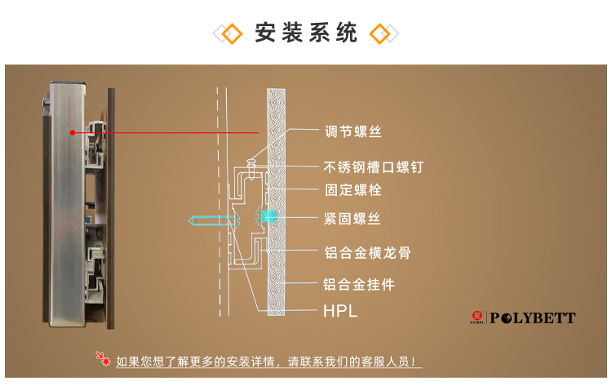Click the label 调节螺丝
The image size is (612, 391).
coord(353,131)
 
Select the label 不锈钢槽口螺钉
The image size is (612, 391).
coord(373,167)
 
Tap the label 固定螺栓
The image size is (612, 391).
coord(353,190)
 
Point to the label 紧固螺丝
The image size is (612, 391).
coord(353,219)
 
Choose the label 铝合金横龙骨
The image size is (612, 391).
coord(366,253)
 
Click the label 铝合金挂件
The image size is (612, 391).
coord(359,285)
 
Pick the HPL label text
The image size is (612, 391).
coord(340,311)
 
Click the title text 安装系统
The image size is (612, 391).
coord(306,33)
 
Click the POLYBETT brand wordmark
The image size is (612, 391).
coord(534,318)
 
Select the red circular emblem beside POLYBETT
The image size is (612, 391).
coord(477,318)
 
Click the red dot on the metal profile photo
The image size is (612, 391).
coord(73,132)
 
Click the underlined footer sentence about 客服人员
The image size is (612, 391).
coord(269,361)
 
